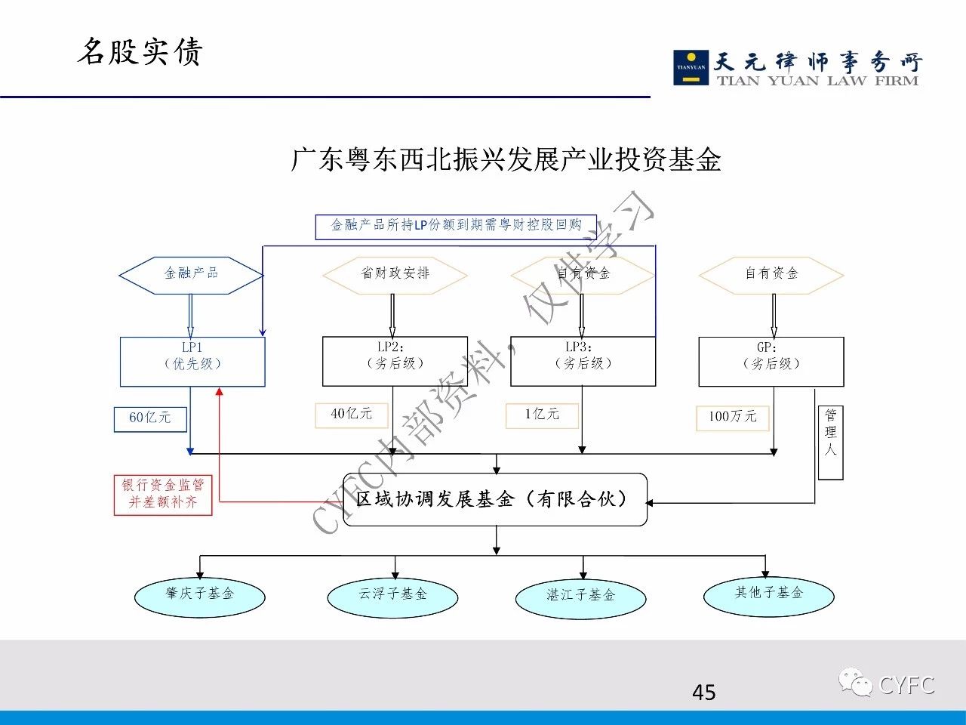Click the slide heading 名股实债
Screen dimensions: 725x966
[x=140, y=51]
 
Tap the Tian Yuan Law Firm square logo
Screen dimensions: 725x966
[x=691, y=67]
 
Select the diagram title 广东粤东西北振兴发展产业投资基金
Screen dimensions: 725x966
[x=506, y=159]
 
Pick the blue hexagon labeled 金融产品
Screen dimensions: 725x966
[x=192, y=274]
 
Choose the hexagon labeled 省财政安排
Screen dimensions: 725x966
[x=395, y=274]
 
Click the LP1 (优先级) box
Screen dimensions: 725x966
[x=192, y=361]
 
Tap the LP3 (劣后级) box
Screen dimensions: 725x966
[x=583, y=361]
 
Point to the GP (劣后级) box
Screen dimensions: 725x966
[x=771, y=361]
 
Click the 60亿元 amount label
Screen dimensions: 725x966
[x=150, y=418]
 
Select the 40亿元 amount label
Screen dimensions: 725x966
[x=352, y=415]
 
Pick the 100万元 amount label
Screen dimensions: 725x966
[x=732, y=417]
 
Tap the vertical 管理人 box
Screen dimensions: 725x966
[x=830, y=443]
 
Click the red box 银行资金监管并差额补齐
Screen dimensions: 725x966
[x=163, y=495]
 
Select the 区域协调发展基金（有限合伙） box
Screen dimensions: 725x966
[x=495, y=499]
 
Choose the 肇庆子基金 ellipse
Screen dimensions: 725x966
[x=200, y=596]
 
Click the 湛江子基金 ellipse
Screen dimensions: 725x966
[x=580, y=597]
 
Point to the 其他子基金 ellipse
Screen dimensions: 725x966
[x=768, y=595]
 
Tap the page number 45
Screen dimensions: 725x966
[x=703, y=692]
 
